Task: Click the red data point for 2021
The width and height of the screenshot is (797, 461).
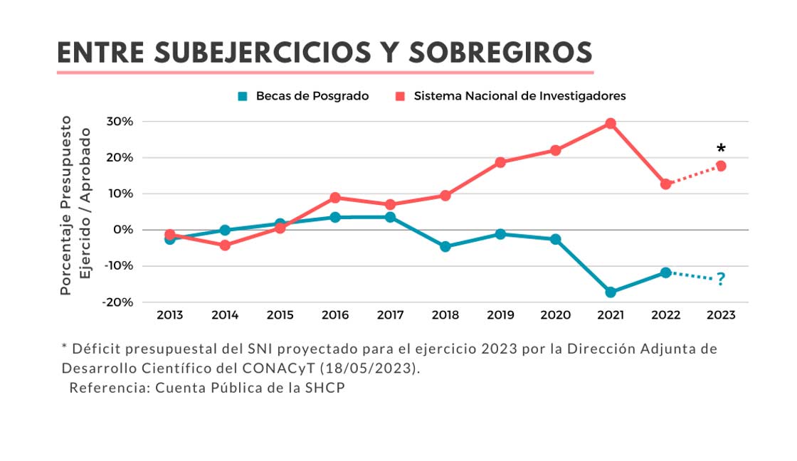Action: click(611, 123)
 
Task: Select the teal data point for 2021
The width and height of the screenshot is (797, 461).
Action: click(611, 292)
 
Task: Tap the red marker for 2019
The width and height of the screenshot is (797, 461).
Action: click(500, 162)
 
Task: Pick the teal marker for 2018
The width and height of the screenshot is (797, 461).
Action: click(445, 247)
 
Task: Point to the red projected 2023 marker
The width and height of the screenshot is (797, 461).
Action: click(721, 166)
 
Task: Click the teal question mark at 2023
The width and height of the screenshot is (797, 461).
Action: click(721, 279)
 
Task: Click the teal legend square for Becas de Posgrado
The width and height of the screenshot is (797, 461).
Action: click(243, 96)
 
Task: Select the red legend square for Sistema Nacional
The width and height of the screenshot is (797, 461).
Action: click(401, 96)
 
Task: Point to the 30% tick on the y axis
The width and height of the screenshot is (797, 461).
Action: click(120, 122)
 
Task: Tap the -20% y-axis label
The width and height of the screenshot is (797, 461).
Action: click(117, 302)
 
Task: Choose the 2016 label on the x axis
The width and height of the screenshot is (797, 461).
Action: click(335, 315)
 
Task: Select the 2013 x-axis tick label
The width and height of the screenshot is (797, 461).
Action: click(169, 315)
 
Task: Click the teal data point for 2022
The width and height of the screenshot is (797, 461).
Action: click(665, 272)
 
